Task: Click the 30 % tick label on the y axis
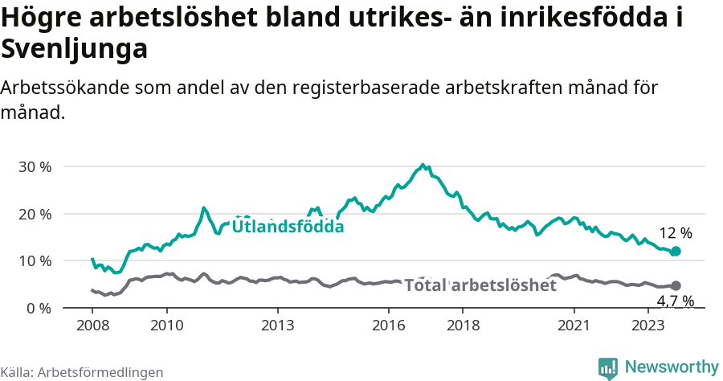click(x=34, y=167)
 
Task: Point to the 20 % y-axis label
click(x=34, y=214)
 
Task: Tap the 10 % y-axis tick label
click(x=34, y=261)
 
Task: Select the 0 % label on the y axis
click(x=38, y=309)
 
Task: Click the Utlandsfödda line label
click(x=288, y=227)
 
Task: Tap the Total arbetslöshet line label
click(x=480, y=285)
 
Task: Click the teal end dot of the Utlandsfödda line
click(x=676, y=252)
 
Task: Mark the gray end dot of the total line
click(x=676, y=285)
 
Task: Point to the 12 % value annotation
click(x=676, y=233)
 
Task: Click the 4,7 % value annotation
click(x=676, y=301)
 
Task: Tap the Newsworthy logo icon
click(x=608, y=367)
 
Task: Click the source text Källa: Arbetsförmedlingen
click(x=82, y=372)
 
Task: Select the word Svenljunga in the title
click(x=75, y=50)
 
